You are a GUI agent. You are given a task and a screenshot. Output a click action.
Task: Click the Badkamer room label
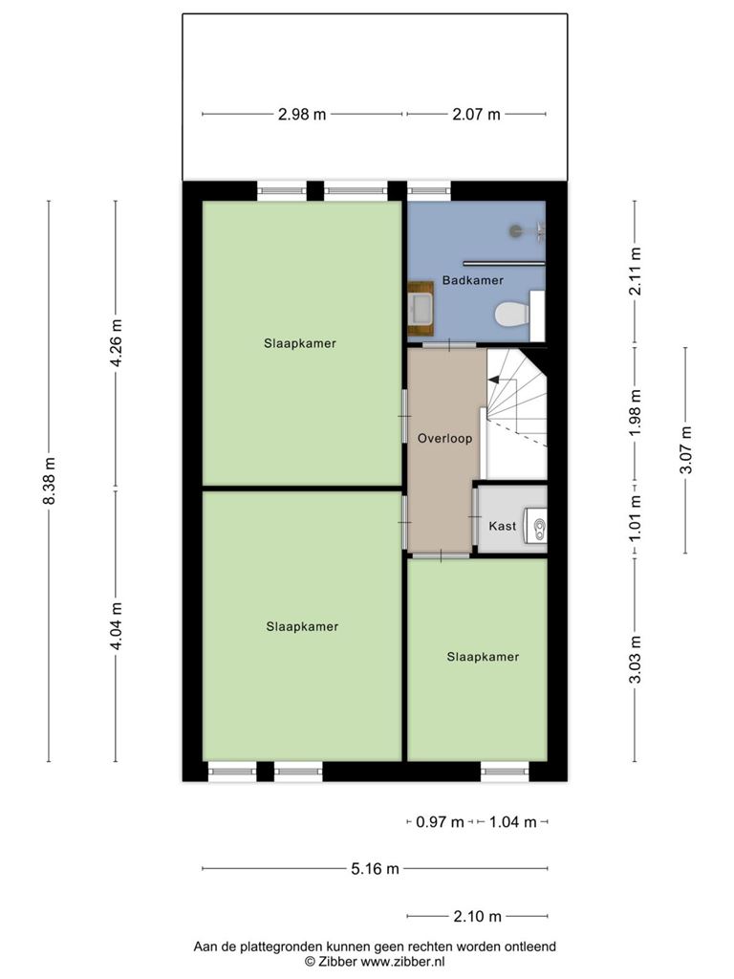pos(472,280)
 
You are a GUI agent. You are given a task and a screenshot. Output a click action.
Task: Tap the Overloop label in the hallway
pos(445,438)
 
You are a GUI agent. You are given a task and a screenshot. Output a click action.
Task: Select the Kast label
pos(503,526)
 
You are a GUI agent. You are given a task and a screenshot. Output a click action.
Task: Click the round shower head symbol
pos(516,231)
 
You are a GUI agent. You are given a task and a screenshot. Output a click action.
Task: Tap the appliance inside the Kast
pos(536,526)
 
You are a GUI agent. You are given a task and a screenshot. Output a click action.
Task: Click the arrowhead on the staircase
pos(493,379)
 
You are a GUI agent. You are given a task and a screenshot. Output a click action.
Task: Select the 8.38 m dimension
pos(50,481)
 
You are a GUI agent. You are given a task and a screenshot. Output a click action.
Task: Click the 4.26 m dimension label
pos(116,343)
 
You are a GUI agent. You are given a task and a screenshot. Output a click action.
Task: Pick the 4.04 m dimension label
pos(116,625)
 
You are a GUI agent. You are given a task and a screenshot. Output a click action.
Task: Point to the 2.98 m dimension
pos(302,115)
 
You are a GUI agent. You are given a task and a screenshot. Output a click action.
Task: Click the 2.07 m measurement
pos(476,115)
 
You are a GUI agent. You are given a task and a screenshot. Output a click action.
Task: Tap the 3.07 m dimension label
pos(685,449)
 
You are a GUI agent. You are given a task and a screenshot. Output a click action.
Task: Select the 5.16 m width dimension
pos(375,868)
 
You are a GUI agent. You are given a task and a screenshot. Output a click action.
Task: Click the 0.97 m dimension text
pos(440,821)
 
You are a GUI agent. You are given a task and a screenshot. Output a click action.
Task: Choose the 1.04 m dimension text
pos(512,821)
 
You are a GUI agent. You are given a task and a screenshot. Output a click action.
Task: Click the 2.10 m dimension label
pos(477,916)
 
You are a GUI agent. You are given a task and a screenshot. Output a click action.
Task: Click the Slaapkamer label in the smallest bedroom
pos(483,657)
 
